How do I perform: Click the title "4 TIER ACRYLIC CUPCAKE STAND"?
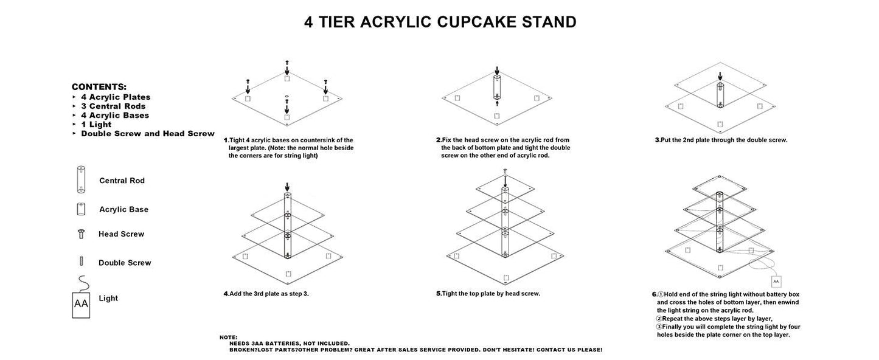[x=440, y=22]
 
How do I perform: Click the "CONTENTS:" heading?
[x=99, y=87]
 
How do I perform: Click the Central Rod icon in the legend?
[x=81, y=180]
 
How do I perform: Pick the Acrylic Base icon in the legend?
[x=80, y=209]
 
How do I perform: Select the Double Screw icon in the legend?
[x=80, y=262]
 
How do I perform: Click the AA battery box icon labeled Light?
[x=81, y=303]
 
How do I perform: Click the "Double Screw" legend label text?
[x=125, y=263]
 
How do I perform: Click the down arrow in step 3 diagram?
[x=720, y=77]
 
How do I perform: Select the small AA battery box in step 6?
[x=776, y=281]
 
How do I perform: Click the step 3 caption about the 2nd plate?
[x=721, y=140]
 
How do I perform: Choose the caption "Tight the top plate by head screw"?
[x=488, y=294]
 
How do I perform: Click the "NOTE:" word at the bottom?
[x=229, y=337]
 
